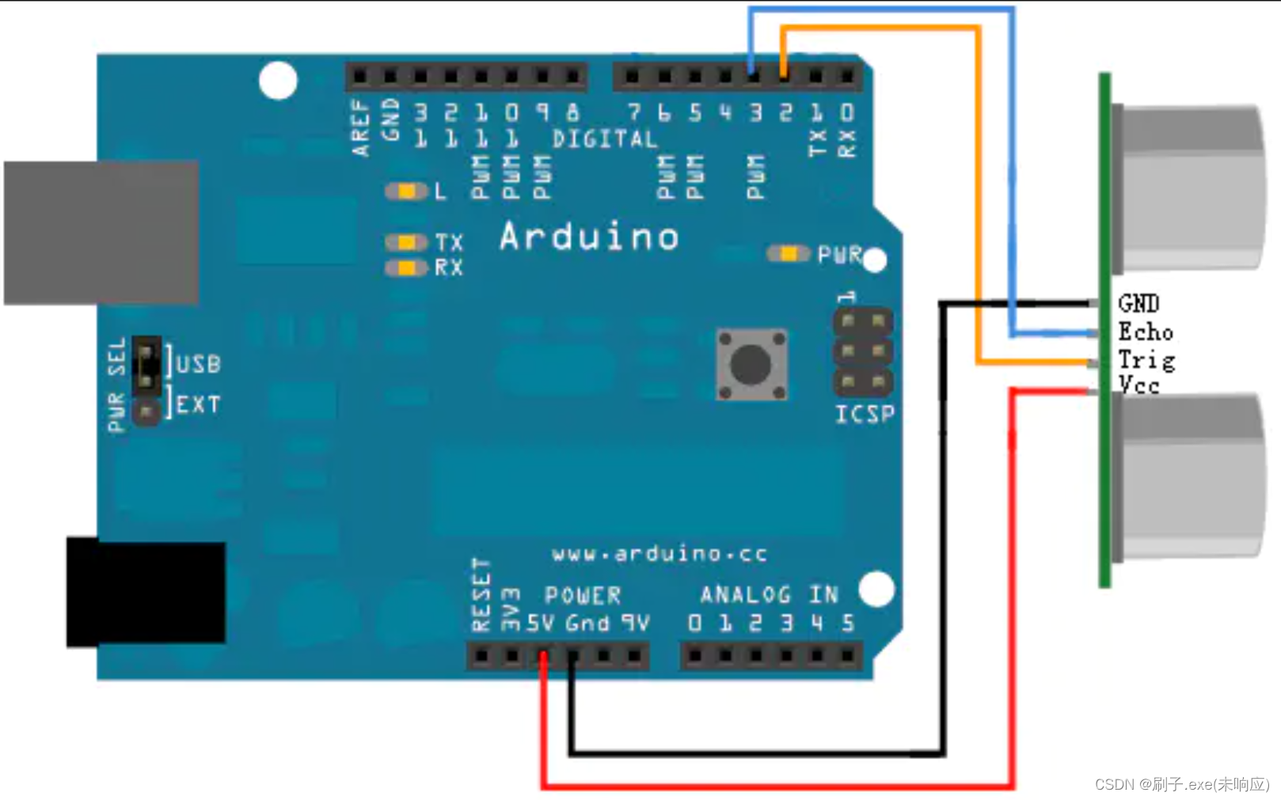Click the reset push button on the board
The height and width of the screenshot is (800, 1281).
point(751,364)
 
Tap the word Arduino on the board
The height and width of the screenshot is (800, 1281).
point(589,237)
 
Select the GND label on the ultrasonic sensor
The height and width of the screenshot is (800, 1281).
point(1138,303)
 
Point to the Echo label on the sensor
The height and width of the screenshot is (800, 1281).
point(1145,332)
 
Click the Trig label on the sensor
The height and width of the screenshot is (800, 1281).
point(1146,360)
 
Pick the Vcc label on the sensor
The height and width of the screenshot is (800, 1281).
point(1138,385)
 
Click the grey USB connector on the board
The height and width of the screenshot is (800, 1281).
point(101,233)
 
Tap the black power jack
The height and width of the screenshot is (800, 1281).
point(146,592)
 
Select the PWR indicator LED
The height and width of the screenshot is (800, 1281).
point(788,254)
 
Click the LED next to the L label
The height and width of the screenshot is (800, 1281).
point(406,191)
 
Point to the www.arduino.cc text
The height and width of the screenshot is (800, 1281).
point(659,554)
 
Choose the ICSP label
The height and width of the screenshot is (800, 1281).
point(865,414)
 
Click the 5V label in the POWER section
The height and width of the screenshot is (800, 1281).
point(540,624)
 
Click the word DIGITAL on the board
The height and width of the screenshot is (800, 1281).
point(605,139)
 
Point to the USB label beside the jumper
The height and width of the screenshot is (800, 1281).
point(198,364)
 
